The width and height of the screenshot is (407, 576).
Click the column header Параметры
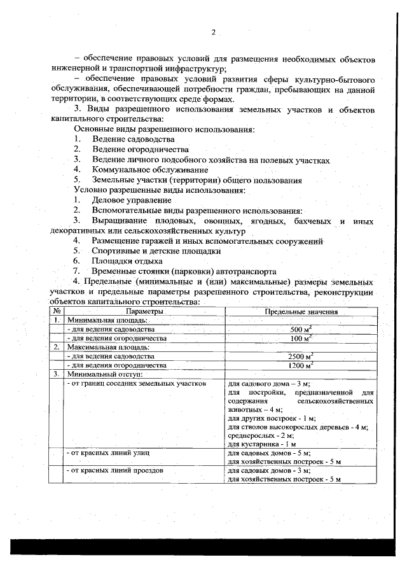[144, 312]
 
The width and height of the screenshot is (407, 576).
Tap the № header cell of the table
[57, 312]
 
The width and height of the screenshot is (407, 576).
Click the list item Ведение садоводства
[133, 139]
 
